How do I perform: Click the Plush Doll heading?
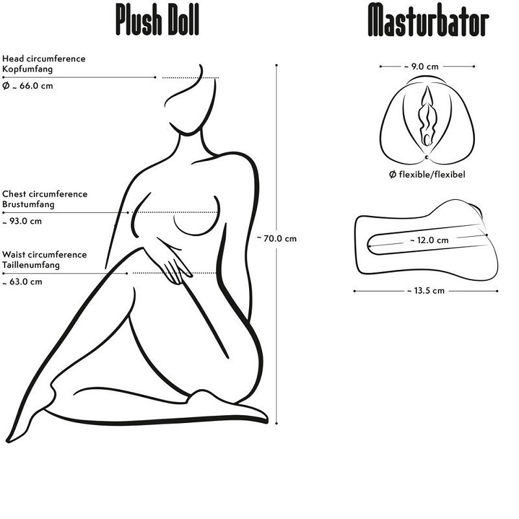tap(157, 20)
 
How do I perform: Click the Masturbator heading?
tap(428, 20)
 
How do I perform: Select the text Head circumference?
tap(43, 58)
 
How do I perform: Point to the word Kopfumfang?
tap(27, 68)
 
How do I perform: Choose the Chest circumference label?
tap(45, 194)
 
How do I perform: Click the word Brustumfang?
tap(28, 204)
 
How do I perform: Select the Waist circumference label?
tap(44, 255)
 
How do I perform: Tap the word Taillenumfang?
tap(31, 265)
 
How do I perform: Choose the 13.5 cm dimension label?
tap(426, 291)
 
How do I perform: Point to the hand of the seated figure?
tap(172, 266)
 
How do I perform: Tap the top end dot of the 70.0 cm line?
tap(277, 65)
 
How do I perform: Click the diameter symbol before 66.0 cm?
tap(6, 86)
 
